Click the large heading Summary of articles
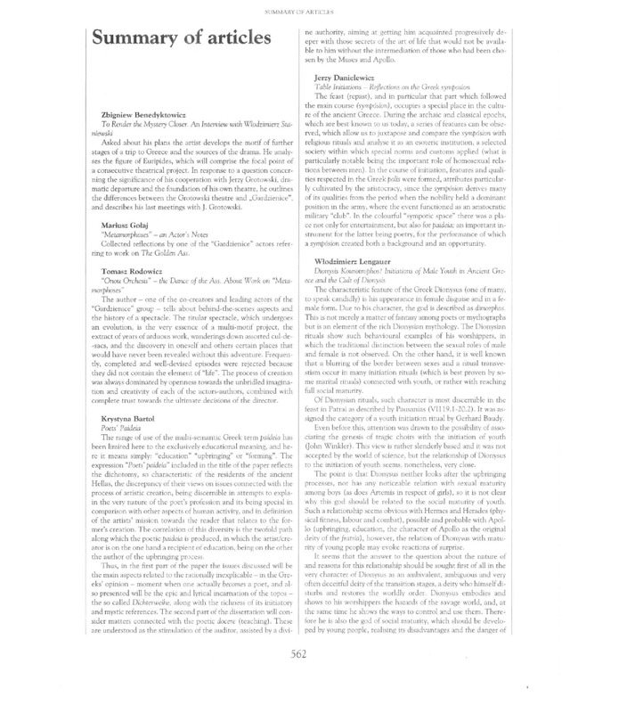click(180, 41)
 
